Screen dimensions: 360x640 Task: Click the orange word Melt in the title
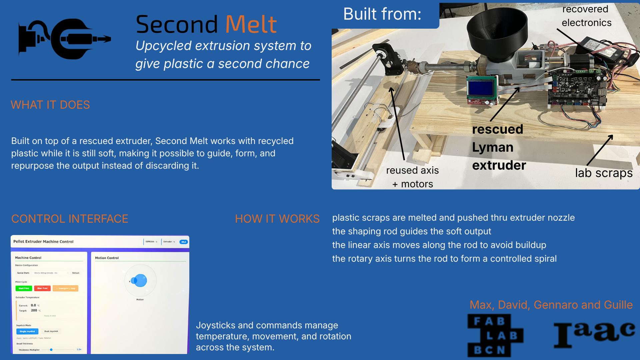pyautogui.click(x=251, y=25)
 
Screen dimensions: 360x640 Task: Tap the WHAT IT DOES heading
pyautogui.click(x=50, y=105)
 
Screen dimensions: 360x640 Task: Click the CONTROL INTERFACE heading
pyautogui.click(x=70, y=219)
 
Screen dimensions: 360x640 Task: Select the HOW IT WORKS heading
pyautogui.click(x=277, y=219)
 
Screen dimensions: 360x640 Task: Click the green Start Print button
pyautogui.click(x=24, y=288)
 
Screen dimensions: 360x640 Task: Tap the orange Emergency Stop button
pyautogui.click(x=66, y=288)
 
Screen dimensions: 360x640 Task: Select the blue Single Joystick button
pyautogui.click(x=27, y=331)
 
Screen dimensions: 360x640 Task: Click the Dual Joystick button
pyautogui.click(x=51, y=331)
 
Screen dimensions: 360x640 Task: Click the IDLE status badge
pyautogui.click(x=184, y=242)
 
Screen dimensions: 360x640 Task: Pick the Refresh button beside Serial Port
pyautogui.click(x=76, y=273)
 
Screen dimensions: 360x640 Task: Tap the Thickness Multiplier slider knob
pyautogui.click(x=51, y=350)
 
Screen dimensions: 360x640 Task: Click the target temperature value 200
pyautogui.click(x=34, y=310)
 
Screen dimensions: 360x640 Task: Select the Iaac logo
pyautogui.click(x=594, y=334)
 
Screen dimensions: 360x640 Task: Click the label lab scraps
pyautogui.click(x=604, y=173)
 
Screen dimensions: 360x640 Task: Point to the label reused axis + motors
pyautogui.click(x=412, y=177)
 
